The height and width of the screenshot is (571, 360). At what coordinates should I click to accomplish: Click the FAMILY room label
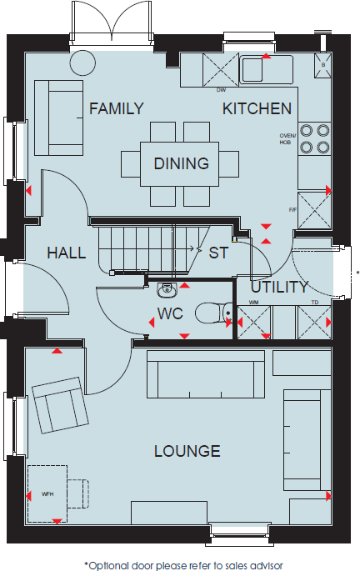click(x=117, y=108)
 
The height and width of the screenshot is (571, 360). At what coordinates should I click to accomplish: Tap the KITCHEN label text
click(x=257, y=108)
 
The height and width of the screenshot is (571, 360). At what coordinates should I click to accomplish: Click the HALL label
click(x=66, y=253)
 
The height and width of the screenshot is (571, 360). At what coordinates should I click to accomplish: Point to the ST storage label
click(x=218, y=253)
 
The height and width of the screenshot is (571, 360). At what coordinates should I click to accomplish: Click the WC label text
click(x=170, y=314)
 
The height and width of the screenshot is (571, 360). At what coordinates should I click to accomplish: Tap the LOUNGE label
click(x=187, y=451)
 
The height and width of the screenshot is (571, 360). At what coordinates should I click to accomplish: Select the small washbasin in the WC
click(x=168, y=288)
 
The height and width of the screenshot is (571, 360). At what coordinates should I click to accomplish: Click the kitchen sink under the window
click(x=266, y=69)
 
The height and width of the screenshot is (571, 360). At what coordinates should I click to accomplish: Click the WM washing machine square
click(x=252, y=322)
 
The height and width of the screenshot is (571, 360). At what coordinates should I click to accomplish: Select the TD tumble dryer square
click(x=313, y=322)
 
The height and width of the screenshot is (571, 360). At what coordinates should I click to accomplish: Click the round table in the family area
click(x=82, y=63)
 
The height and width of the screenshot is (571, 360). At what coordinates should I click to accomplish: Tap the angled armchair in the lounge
click(x=59, y=404)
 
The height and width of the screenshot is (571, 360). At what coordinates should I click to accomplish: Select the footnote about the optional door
click(x=182, y=563)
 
